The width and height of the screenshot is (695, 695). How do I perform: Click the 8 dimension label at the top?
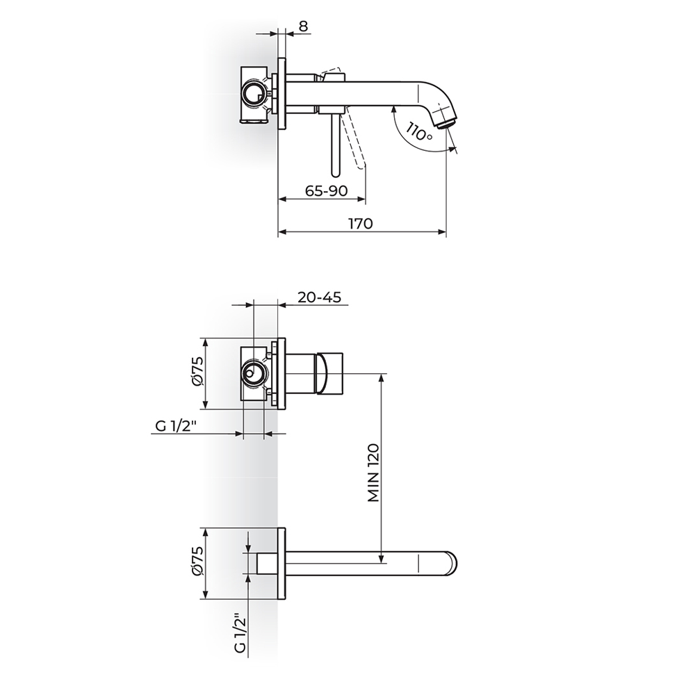(303, 26)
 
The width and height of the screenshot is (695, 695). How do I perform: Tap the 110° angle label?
(419, 131)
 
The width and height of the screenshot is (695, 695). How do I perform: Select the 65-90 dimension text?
(326, 190)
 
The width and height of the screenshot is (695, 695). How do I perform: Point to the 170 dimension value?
(361, 223)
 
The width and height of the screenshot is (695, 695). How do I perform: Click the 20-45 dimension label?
(319, 297)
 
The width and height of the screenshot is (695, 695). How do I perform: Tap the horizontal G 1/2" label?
(176, 426)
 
